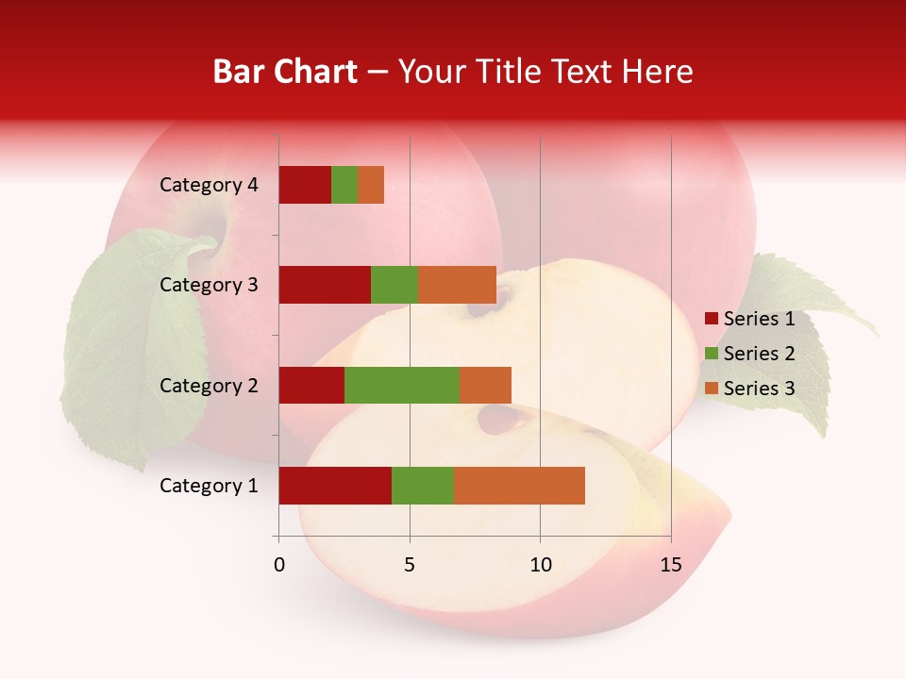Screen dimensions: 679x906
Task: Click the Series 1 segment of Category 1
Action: [x=335, y=486]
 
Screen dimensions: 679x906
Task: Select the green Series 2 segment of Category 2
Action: [x=402, y=385]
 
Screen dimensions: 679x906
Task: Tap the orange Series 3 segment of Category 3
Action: [x=457, y=285]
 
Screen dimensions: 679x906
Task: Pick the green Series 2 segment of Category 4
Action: [x=344, y=185]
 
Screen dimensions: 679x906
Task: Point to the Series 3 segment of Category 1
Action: [x=519, y=486]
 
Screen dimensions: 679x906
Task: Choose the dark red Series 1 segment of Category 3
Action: [x=325, y=285]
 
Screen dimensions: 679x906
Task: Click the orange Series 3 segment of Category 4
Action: [x=371, y=185]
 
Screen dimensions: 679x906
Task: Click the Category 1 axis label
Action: [x=209, y=486]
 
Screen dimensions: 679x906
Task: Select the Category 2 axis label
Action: [x=209, y=385]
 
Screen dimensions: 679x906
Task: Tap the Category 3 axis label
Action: [x=209, y=285]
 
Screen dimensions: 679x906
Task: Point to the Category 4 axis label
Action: [x=209, y=185]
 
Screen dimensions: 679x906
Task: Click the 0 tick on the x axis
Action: [x=279, y=565]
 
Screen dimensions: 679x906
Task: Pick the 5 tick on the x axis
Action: [x=410, y=565]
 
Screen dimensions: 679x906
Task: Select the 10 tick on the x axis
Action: [x=540, y=565]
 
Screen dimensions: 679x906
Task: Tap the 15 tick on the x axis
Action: [x=671, y=565]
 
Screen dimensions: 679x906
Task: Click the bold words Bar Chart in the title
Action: [x=285, y=72]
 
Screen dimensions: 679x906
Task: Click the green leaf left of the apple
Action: [x=132, y=349]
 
